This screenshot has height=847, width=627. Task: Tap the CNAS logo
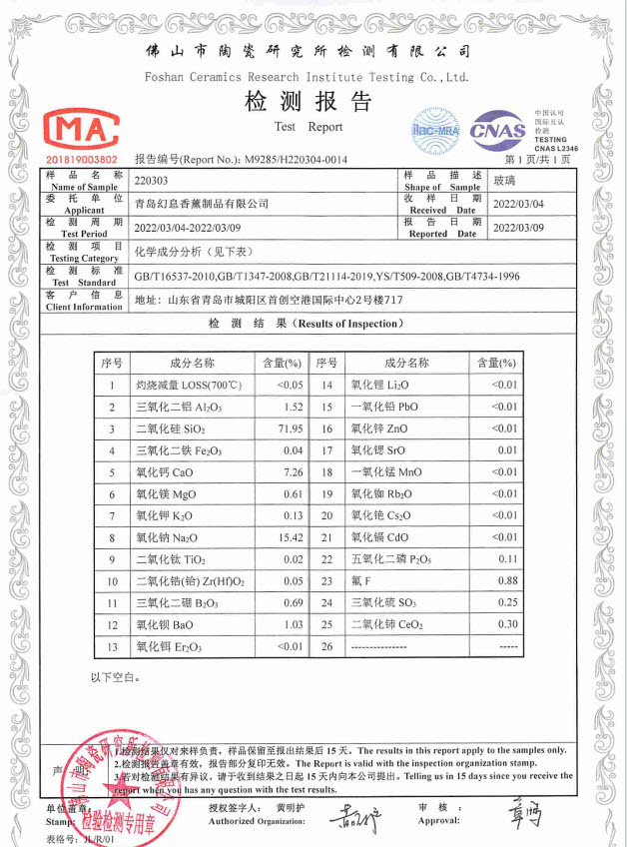497,130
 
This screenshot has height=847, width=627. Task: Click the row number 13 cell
112,646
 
